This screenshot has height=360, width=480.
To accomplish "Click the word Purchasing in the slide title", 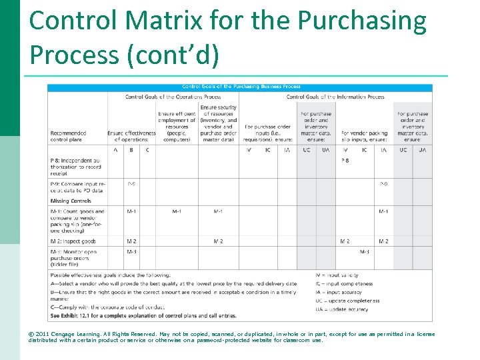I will tap(362, 21).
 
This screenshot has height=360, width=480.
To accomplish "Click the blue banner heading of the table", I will tap(241, 87).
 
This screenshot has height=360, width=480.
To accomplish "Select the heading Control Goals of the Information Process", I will tap(335, 97).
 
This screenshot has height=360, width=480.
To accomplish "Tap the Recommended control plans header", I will tap(68, 136).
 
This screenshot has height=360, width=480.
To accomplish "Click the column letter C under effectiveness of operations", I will tap(147, 150).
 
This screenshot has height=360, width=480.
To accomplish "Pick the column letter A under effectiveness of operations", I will tap(115, 150).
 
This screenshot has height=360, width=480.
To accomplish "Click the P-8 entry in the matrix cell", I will tap(345, 161).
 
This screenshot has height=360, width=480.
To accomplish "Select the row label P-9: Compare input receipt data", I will tap(77, 187).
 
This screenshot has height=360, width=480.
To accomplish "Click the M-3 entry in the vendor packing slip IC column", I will tap(365, 251).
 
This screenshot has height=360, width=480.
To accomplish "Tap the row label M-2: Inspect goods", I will tap(73, 241).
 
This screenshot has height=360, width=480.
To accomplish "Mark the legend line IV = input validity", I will tap(337, 275).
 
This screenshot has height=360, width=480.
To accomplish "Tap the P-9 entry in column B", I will tap(132, 183).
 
